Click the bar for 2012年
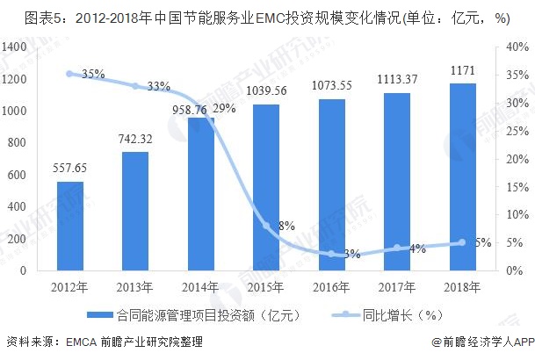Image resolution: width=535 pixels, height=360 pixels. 70,226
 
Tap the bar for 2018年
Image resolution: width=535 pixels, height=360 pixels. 462,176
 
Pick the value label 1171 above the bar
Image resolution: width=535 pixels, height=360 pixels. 462,71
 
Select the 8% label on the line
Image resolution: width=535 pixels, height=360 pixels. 286,226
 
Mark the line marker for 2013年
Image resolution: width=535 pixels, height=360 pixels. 135,86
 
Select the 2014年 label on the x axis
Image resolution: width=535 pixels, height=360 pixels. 201,287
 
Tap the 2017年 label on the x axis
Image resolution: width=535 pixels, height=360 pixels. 397,287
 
